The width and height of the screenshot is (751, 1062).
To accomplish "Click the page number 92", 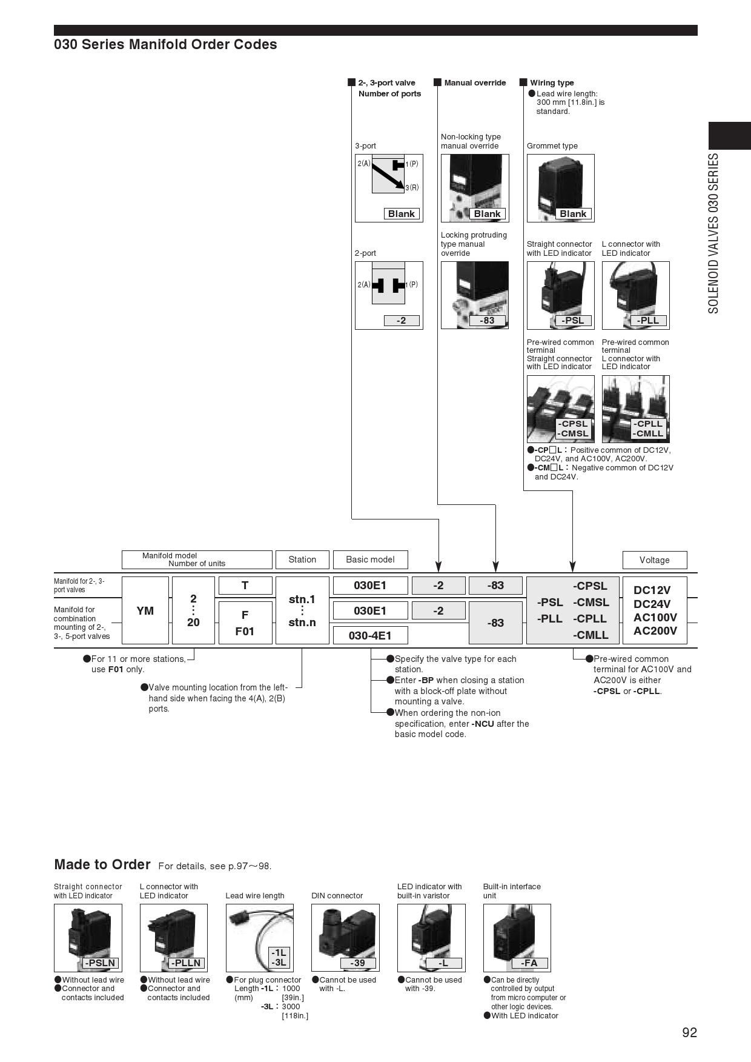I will click(689, 1033).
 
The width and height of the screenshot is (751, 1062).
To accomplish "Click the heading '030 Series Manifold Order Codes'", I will click(165, 44).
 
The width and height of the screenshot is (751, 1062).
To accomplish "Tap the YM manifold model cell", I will click(145, 610).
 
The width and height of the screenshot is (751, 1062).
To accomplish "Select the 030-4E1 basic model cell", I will click(370, 635).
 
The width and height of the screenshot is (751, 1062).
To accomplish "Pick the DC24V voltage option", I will click(652, 604).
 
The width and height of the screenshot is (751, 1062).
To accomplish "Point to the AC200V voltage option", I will click(655, 630).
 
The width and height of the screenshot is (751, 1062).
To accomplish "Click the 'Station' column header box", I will click(302, 559).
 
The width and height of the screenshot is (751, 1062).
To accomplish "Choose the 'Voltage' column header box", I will click(654, 560).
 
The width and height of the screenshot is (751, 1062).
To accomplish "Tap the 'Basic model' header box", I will click(370, 559).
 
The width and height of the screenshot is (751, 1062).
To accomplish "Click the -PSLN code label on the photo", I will click(100, 963).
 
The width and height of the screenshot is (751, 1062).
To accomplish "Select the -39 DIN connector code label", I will click(357, 963).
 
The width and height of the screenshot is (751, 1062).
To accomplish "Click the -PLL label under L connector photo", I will click(647, 321).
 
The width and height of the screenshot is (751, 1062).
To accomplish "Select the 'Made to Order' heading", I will click(102, 864).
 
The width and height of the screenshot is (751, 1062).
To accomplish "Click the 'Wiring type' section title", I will click(551, 83).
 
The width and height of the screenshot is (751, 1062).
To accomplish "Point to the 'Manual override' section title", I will click(474, 83).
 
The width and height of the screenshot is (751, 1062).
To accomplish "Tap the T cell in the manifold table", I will click(245, 585).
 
